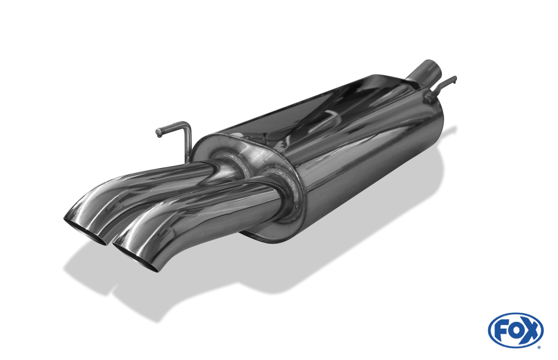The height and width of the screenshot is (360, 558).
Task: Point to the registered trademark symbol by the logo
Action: [539, 347]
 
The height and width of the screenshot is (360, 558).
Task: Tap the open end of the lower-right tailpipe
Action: [135, 258]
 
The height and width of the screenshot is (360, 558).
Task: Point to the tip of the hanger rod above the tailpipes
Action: [158, 133]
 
